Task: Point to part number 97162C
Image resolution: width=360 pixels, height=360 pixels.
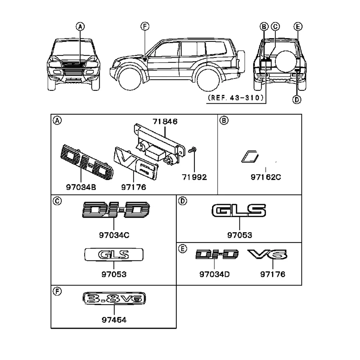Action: [266, 177]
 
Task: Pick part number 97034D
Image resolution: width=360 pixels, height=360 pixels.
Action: [214, 274]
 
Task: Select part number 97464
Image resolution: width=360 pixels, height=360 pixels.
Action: [114, 319]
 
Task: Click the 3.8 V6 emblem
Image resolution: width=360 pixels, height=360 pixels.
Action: [114, 298]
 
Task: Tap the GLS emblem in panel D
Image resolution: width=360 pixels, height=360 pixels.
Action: [239, 211]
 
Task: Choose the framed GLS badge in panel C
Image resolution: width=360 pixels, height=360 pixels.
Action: [114, 255]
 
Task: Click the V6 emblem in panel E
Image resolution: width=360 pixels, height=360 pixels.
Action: [267, 255]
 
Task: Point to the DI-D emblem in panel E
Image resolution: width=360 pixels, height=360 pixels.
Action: [217, 255]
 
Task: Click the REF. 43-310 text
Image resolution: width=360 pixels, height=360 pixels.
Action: [235, 98]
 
